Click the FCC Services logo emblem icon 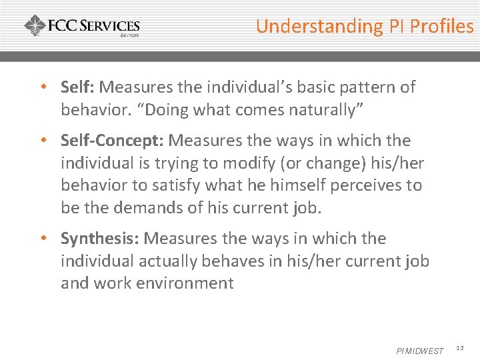35,27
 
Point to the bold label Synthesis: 100,239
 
